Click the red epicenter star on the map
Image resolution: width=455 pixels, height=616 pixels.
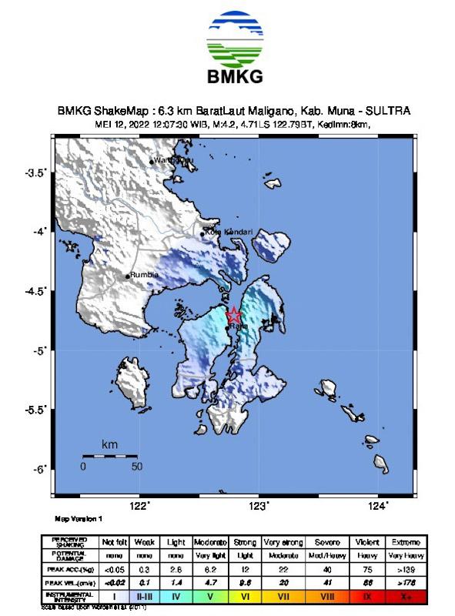234,316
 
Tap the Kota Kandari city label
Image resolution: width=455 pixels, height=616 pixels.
229,232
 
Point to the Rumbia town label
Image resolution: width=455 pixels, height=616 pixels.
145,274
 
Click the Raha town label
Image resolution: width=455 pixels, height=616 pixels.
239,327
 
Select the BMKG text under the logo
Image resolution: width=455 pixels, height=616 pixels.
235,76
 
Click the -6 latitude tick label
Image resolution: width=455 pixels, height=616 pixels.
39,469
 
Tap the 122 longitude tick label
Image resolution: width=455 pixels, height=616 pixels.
139,505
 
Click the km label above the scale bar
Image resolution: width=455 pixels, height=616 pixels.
110,445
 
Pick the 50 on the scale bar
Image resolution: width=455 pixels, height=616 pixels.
136,466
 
